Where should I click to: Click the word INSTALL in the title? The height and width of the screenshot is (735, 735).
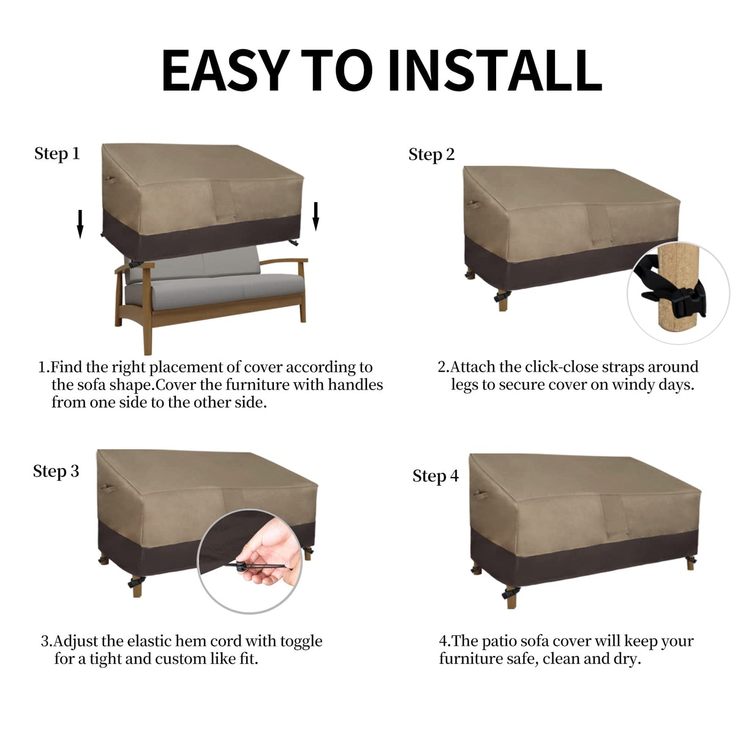[496, 70]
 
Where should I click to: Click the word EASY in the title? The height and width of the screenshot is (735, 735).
[225, 70]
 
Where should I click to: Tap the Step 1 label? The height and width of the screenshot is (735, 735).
[57, 154]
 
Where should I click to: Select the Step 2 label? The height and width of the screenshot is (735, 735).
[431, 155]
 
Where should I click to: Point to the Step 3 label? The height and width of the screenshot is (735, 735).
[56, 472]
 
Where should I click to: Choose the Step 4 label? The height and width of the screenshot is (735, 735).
[435, 476]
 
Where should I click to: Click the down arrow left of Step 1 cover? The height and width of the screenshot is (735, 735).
[80, 224]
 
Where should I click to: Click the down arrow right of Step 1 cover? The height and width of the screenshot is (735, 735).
[315, 216]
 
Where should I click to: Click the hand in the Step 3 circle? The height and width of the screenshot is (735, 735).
[267, 549]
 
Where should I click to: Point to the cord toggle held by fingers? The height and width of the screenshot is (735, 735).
[240, 566]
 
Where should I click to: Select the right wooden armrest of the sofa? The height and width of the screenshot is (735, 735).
[284, 262]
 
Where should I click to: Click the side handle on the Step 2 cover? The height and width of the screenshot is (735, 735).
[473, 205]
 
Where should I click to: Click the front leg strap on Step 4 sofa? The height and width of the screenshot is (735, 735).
[511, 592]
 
